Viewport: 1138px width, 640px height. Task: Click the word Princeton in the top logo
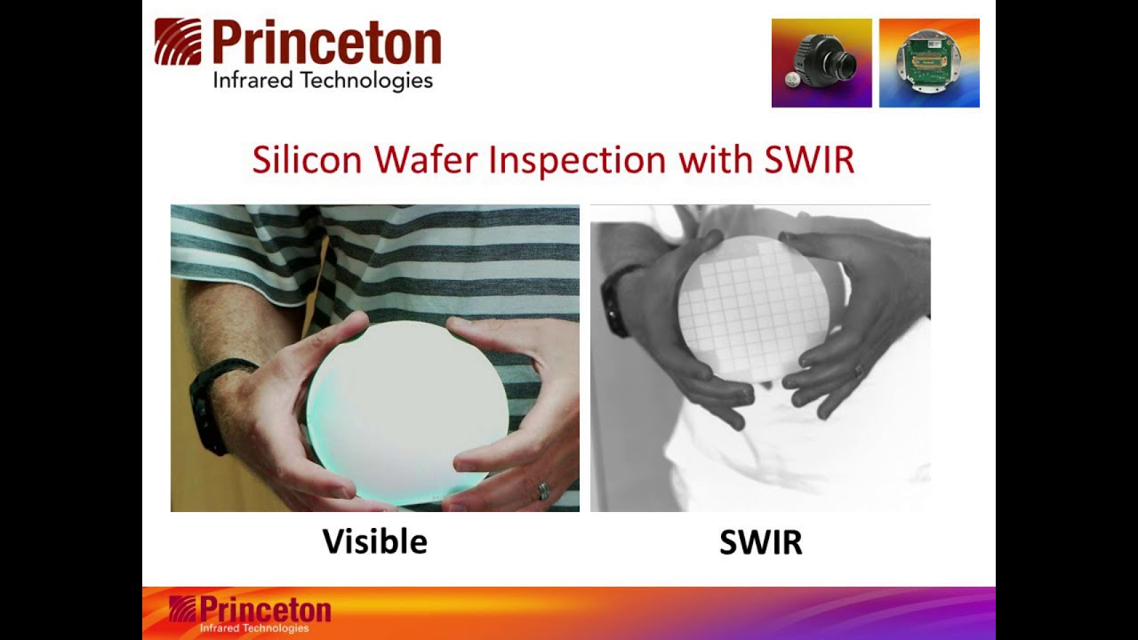326,44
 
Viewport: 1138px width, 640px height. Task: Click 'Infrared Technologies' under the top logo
322,81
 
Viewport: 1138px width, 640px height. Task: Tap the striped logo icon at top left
178,42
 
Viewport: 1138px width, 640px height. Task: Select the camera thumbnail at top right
821,62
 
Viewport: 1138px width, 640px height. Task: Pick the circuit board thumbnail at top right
929,62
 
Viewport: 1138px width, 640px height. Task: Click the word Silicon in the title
307,160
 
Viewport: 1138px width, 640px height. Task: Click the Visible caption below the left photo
374,541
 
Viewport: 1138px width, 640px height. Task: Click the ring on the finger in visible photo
541,490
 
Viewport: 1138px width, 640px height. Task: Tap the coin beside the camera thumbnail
793,80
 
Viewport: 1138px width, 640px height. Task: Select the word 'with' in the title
716,160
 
